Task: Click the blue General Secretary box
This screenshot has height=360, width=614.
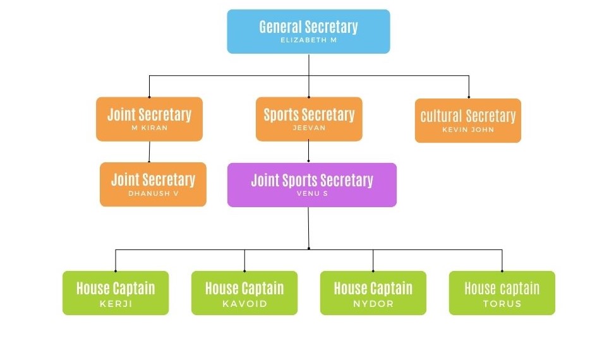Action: pyautogui.click(x=308, y=32)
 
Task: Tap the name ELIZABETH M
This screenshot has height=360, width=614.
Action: pyautogui.click(x=308, y=40)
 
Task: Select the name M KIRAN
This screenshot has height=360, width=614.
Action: pyautogui.click(x=149, y=128)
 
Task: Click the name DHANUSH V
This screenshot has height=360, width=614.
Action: pyautogui.click(x=153, y=193)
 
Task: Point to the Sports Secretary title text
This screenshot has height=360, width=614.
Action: pyautogui.click(x=309, y=115)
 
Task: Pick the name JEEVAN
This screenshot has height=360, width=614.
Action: pyautogui.click(x=309, y=128)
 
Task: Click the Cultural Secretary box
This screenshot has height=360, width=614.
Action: pyautogui.click(x=467, y=121)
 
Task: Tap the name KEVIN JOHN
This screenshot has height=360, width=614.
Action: pyautogui.click(x=468, y=130)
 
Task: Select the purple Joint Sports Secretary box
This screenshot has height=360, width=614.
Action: pyautogui.click(x=311, y=185)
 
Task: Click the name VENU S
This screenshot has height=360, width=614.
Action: pyautogui.click(x=312, y=193)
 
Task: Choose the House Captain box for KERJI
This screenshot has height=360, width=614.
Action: pyautogui.click(x=116, y=293)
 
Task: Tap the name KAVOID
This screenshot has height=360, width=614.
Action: pyautogui.click(x=244, y=304)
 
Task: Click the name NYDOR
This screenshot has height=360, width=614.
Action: pyautogui.click(x=373, y=304)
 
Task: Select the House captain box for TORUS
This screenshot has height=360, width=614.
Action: pyautogui.click(x=502, y=293)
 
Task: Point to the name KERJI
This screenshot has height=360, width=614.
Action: pyautogui.click(x=116, y=304)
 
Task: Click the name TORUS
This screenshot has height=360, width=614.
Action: pyautogui.click(x=502, y=304)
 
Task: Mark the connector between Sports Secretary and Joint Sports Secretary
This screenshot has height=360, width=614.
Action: pyautogui.click(x=308, y=152)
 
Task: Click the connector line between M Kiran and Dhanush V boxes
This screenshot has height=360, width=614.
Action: pyautogui.click(x=149, y=152)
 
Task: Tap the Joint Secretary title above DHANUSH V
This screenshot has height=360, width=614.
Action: pyautogui.click(x=153, y=180)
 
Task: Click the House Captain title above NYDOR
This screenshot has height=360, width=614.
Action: pyautogui.click(x=373, y=289)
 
